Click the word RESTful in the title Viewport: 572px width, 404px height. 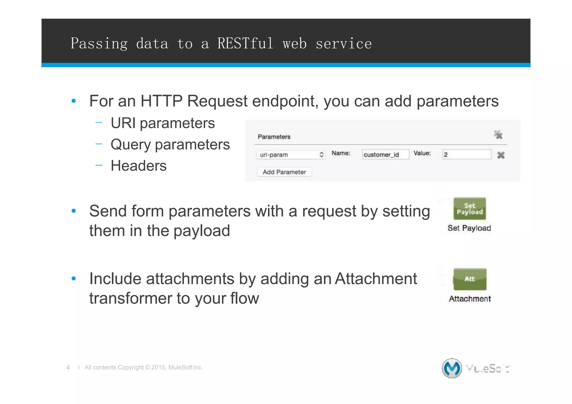click(245, 44)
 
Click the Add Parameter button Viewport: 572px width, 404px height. click(284, 172)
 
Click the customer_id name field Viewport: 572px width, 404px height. click(385, 155)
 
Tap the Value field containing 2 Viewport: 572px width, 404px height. click(466, 155)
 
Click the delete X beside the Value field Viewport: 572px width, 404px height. click(501, 155)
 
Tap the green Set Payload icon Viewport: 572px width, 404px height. click(469, 209)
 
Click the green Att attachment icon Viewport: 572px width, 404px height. click(470, 279)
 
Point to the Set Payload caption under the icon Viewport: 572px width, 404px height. click(469, 228)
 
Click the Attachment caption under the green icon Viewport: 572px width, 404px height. click(470, 299)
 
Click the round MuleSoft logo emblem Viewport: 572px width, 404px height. click(452, 368)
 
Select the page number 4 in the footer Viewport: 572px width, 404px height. click(68, 367)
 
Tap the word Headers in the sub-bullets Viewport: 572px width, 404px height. click(139, 166)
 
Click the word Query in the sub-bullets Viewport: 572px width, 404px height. click(130, 145)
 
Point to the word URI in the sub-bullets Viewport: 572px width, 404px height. click(123, 123)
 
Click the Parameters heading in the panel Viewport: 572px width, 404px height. click(274, 137)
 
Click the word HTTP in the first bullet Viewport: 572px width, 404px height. click(161, 101)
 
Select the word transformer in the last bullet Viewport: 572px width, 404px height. click(130, 298)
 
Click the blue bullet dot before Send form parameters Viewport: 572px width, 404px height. click(74, 211)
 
